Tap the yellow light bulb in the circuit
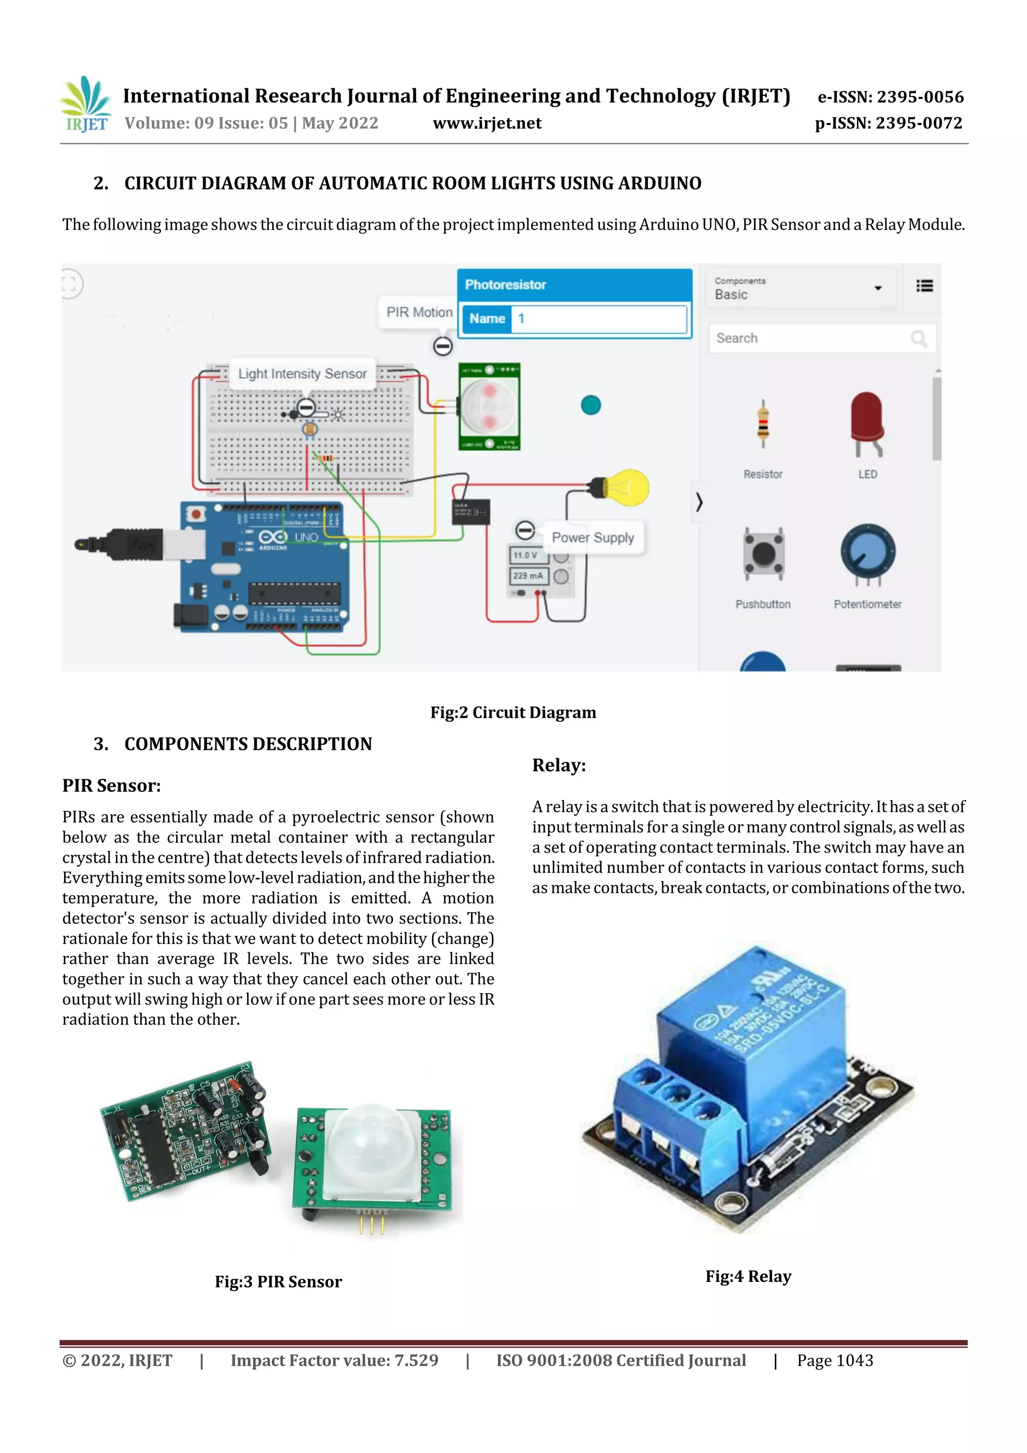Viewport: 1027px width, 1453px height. pyautogui.click(x=626, y=488)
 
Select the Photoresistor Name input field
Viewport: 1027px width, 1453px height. pyautogui.click(x=600, y=318)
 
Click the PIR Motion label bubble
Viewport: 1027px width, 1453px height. pyautogui.click(x=419, y=312)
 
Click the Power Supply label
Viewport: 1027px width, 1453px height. pyautogui.click(x=592, y=538)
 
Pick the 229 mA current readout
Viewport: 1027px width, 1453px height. pyautogui.click(x=527, y=576)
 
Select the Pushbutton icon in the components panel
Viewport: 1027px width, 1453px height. pyautogui.click(x=763, y=554)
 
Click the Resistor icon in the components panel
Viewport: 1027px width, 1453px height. pyautogui.click(x=763, y=424)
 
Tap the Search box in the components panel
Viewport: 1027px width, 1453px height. pyautogui.click(x=813, y=339)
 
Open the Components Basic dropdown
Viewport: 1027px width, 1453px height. pyautogui.click(x=800, y=288)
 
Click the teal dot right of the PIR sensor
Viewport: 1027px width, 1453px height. pyautogui.click(x=590, y=405)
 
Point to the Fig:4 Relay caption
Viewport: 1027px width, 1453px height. pyautogui.click(x=748, y=1276)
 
